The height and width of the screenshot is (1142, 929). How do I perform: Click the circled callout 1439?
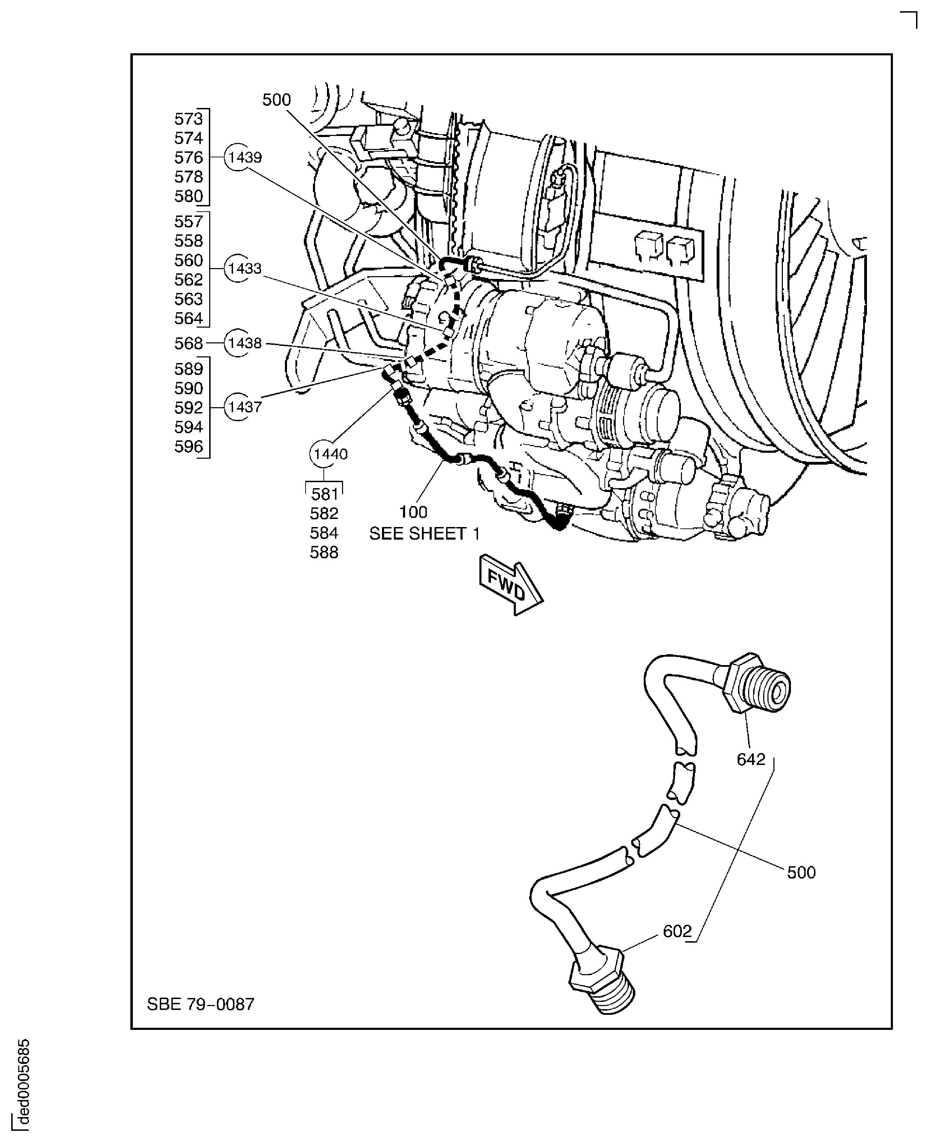(x=244, y=157)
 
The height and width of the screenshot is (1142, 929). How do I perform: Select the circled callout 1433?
(x=244, y=269)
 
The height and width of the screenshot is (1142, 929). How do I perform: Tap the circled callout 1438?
(x=244, y=343)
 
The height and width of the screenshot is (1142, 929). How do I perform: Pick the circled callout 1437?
(x=244, y=407)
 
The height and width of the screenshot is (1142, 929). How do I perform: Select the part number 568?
(x=189, y=343)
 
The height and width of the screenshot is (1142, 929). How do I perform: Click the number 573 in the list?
(x=189, y=119)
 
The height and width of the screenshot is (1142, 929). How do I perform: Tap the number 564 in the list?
(x=189, y=319)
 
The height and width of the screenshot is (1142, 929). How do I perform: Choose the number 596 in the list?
(x=189, y=447)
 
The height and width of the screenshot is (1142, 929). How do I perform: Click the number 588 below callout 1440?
(x=324, y=552)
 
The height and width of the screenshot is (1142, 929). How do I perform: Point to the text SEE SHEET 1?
(x=424, y=534)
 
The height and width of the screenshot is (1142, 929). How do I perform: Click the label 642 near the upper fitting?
(x=750, y=759)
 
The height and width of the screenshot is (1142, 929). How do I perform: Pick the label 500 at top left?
(x=276, y=100)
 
